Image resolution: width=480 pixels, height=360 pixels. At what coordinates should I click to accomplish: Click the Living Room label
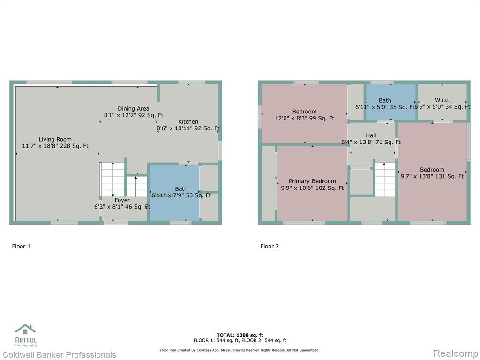(x=55, y=139)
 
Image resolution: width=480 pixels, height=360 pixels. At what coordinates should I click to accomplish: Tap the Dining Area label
(x=134, y=108)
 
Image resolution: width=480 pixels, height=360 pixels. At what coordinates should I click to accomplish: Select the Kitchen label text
(x=188, y=121)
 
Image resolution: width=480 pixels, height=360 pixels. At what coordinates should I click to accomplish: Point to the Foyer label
(x=122, y=200)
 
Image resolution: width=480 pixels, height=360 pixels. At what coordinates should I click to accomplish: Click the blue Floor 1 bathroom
(x=174, y=193)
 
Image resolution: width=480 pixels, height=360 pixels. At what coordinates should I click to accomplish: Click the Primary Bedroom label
(x=312, y=181)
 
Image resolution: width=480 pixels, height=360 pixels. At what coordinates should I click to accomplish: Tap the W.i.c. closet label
(x=442, y=100)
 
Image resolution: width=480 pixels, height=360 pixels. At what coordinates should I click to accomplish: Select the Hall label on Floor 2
(x=371, y=135)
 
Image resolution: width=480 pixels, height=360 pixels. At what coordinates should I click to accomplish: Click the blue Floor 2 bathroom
(x=391, y=102)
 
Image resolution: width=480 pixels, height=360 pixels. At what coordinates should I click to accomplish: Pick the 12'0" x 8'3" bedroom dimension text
(x=305, y=118)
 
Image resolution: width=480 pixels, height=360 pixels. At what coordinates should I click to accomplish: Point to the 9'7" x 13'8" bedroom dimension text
(x=432, y=176)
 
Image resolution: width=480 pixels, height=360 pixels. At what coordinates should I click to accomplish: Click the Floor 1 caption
(x=21, y=246)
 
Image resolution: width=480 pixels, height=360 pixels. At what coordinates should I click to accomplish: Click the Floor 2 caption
(x=270, y=246)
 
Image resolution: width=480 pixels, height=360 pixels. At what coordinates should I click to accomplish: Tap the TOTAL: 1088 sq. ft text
(x=240, y=335)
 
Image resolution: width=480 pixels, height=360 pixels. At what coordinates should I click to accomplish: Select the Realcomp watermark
(x=456, y=353)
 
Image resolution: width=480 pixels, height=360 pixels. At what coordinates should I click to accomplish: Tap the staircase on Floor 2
(x=385, y=180)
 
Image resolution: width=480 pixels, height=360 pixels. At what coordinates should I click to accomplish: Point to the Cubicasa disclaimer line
(x=240, y=350)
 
